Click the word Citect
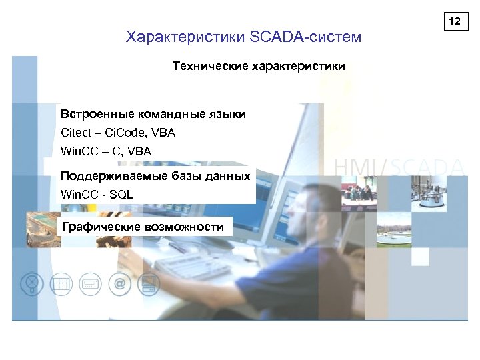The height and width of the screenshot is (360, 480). [x=76, y=133]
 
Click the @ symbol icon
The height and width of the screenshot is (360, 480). [x=119, y=284]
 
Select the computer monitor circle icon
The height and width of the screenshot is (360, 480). [x=148, y=284]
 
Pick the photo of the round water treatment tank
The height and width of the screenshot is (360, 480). [x=391, y=234]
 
